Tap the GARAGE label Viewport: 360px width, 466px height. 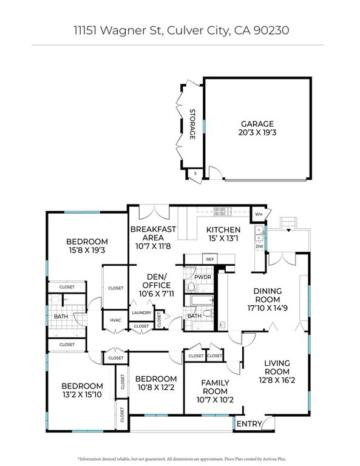coord(257,123)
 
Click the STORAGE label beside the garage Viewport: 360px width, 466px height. coord(192,124)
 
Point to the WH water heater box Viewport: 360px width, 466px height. coord(259,215)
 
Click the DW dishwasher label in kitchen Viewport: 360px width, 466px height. coord(259,246)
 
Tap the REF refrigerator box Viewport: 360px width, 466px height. coord(210,259)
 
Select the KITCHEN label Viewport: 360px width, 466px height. coord(223,230)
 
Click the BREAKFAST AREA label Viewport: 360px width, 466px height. coord(154,234)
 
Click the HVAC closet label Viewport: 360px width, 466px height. coord(115,320)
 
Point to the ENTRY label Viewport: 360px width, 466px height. coord(250,424)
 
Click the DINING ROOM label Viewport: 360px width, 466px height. coord(267,295)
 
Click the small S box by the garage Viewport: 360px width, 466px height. coord(195,174)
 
